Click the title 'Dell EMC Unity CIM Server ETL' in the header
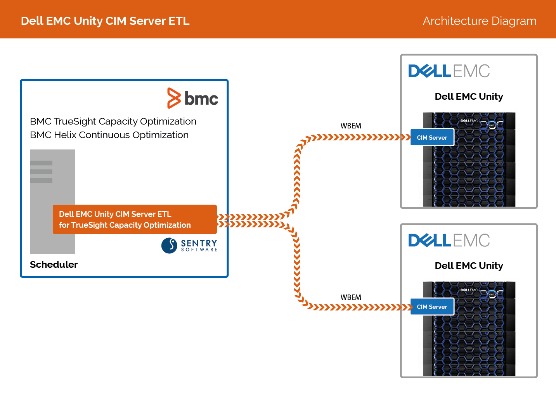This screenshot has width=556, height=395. [105, 21]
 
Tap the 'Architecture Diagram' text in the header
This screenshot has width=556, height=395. [480, 21]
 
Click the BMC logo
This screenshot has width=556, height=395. [192, 98]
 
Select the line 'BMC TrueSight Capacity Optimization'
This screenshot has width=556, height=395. [113, 121]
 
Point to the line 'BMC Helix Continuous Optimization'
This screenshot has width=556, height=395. [109, 135]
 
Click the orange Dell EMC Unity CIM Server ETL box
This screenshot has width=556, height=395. [135, 219]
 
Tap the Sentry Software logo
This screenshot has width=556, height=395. [189, 246]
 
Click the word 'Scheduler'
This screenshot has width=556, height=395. [54, 265]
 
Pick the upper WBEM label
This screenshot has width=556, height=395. [351, 126]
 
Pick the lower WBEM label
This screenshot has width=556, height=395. [351, 297]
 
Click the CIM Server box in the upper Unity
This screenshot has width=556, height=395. [432, 137]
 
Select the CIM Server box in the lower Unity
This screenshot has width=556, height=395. [432, 307]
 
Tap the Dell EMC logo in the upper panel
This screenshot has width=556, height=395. [449, 71]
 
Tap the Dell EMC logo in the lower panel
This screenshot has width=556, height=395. [449, 240]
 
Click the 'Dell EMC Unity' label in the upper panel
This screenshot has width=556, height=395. [469, 96]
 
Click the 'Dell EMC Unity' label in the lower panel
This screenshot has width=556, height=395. [469, 266]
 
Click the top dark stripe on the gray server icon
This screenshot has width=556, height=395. [41, 163]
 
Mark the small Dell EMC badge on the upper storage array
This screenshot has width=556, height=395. [469, 121]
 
